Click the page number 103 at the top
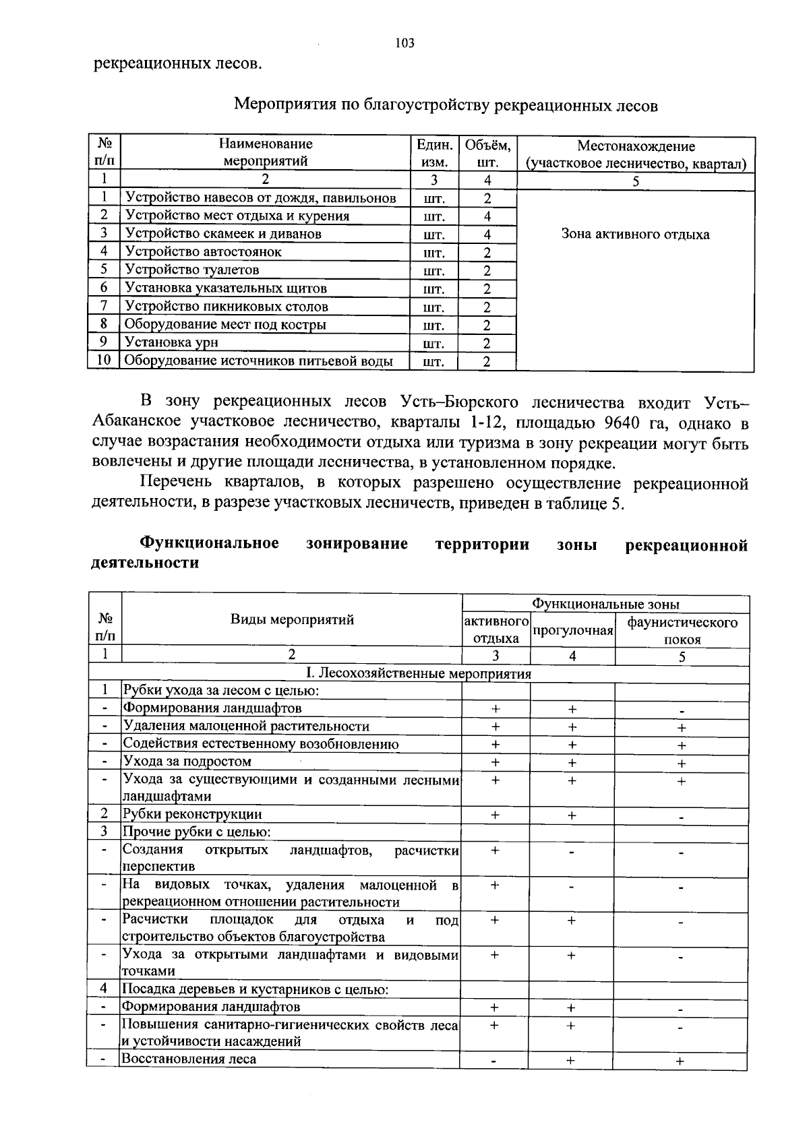[404, 44]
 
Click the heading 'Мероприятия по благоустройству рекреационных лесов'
[445, 105]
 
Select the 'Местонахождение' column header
[636, 154]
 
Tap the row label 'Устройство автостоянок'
[203, 252]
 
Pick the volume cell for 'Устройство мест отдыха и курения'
[487, 216]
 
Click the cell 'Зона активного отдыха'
[635, 235]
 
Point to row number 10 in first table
[104, 361]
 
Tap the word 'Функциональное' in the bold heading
[209, 544]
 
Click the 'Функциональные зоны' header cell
[605, 605]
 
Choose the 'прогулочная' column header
[572, 630]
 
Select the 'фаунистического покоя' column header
[682, 630]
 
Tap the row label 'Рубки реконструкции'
[192, 813]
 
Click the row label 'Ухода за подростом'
[187, 762]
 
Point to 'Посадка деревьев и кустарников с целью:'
[255, 989]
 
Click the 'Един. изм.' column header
[433, 154]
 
